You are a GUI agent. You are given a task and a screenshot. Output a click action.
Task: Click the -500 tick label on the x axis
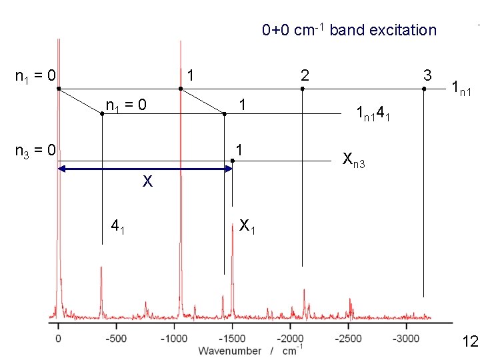point(116,339)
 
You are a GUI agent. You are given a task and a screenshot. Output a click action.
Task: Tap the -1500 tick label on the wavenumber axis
point(232,339)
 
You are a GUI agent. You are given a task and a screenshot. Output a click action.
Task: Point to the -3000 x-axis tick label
point(406,339)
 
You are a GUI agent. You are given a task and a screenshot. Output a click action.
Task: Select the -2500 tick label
point(348,339)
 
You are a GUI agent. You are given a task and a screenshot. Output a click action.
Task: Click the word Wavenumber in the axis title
point(229,351)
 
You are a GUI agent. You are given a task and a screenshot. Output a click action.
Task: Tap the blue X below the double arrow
point(147,181)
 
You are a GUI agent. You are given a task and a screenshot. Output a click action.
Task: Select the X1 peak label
point(247,226)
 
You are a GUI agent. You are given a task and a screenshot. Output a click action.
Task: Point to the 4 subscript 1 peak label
point(118,227)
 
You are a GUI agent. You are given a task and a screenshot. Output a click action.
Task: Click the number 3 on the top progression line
point(427,75)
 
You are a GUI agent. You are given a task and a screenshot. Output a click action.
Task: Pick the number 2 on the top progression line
point(305,75)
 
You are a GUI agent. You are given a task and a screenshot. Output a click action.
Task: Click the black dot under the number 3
point(424,89)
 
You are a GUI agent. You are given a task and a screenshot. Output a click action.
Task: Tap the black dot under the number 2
point(303,89)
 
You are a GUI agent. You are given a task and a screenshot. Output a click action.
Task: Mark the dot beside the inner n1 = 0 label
point(102,114)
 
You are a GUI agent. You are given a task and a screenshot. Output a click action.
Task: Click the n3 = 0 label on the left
point(35,151)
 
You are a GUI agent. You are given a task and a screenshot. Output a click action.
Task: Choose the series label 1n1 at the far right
point(461,89)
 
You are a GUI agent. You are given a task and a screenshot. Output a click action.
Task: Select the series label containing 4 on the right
point(373,113)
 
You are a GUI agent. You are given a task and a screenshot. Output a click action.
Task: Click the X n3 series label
point(354,160)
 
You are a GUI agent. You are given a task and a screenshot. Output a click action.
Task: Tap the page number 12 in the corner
point(471,341)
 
